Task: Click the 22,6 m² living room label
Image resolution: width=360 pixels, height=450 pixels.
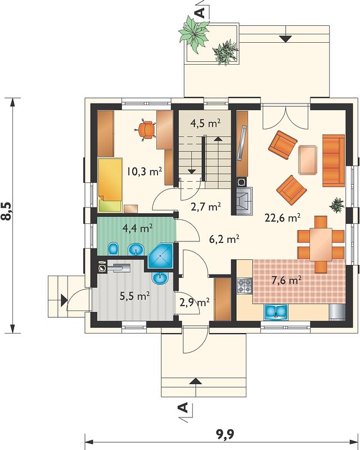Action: (282, 218)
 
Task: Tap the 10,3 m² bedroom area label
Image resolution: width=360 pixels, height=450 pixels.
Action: (145, 172)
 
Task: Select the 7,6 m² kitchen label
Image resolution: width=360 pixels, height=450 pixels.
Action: (286, 280)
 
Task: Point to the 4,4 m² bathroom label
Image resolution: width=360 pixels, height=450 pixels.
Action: (137, 228)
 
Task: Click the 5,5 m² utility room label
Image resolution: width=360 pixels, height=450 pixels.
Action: (134, 296)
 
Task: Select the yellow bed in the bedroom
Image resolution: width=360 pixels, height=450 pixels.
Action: (110, 185)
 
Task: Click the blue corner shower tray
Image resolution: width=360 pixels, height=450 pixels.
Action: (161, 256)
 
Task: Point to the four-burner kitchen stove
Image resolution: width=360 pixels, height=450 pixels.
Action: (245, 286)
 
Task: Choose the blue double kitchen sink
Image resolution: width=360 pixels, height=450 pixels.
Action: (276, 312)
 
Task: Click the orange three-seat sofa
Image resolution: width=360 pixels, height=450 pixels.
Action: (334, 160)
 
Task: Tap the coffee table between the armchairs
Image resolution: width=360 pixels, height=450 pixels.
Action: (308, 160)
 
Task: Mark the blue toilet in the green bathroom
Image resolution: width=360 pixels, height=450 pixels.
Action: (114, 249)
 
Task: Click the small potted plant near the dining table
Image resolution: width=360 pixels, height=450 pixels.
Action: (336, 205)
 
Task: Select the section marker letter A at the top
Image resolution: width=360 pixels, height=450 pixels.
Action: (201, 12)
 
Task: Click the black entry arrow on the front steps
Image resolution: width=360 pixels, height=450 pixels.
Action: (196, 381)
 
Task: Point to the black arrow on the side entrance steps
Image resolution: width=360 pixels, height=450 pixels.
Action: (64, 300)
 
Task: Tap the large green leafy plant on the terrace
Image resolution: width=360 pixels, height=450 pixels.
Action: (193, 34)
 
